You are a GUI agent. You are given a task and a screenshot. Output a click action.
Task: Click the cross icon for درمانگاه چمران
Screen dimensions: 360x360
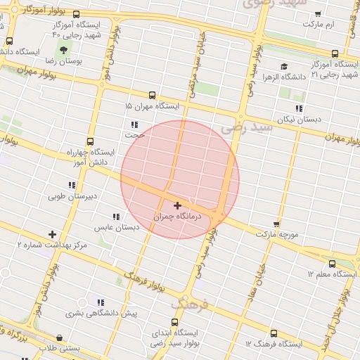(177, 205)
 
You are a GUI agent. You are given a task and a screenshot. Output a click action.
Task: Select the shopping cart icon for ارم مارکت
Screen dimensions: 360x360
(318, 14)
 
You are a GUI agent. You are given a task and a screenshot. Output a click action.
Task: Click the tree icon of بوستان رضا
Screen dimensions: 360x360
(64, 51)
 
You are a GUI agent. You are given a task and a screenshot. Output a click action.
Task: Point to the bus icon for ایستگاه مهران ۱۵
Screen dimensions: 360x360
(152, 95)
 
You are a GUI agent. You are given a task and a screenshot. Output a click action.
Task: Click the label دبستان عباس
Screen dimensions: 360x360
(114, 228)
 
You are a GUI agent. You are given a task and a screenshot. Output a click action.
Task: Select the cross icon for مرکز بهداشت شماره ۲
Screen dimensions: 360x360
(52, 234)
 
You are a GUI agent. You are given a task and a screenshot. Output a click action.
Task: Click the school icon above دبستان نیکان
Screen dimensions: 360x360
(300, 108)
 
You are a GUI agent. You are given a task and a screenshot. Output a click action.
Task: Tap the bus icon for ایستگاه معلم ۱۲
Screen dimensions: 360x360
(332, 264)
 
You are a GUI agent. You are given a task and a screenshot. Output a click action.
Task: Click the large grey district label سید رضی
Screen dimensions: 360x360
(245, 128)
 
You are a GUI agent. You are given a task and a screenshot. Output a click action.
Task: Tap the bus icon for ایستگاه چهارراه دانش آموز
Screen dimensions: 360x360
(89, 141)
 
